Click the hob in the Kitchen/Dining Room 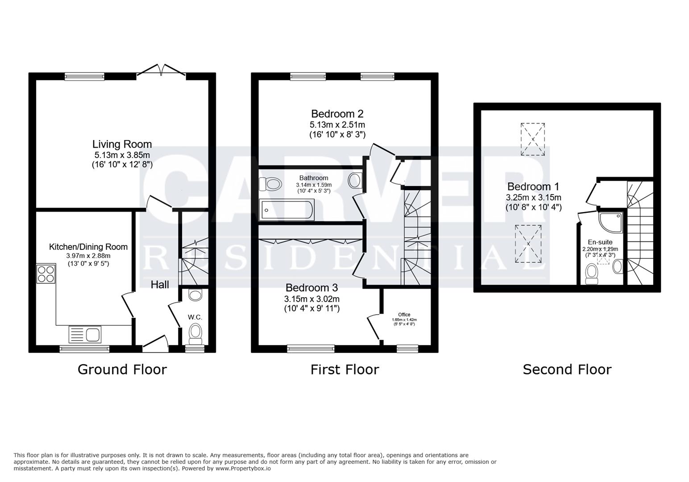(x=46, y=274)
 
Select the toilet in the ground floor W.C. (x=195, y=332)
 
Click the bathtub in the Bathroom (x=287, y=209)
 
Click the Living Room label (x=122, y=144)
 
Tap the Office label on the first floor (x=404, y=315)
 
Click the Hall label (x=159, y=284)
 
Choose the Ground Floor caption (x=122, y=370)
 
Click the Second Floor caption (x=567, y=370)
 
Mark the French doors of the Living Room (x=161, y=71)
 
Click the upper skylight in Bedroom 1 (x=533, y=139)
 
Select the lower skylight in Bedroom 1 (x=528, y=244)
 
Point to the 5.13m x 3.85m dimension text (x=122, y=155)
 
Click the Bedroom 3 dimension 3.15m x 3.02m (x=311, y=299)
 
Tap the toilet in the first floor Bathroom (x=270, y=183)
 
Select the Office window (x=407, y=348)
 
